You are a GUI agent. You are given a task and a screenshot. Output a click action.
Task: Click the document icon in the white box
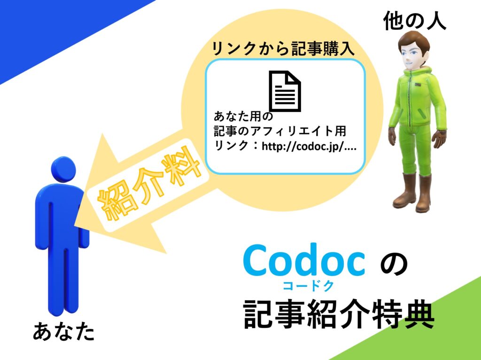(285, 90)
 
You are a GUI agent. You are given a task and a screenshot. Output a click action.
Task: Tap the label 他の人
(414, 21)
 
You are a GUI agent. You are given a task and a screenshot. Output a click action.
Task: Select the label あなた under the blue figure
(64, 331)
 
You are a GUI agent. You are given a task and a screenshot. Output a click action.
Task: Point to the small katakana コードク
(308, 286)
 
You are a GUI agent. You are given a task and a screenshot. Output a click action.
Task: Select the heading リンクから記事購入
(283, 49)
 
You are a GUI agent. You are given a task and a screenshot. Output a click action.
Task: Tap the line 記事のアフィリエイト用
(280, 131)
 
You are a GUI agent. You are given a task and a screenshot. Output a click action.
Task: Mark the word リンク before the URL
(231, 147)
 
